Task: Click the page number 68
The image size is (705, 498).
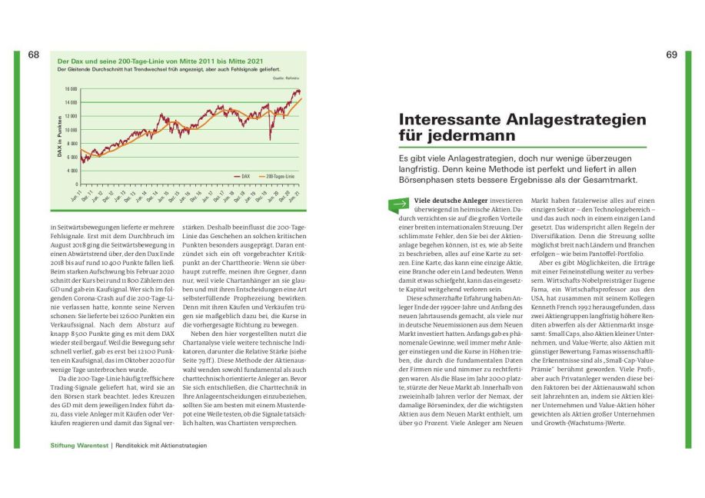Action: (33, 55)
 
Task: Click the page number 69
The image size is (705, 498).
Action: (671, 55)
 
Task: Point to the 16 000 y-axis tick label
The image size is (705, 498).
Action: (70, 88)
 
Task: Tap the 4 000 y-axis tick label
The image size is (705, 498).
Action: (71, 170)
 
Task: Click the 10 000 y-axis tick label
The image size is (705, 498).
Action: (70, 129)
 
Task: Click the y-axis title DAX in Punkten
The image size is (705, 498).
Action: (59, 137)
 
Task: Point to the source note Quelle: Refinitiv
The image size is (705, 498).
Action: (284, 78)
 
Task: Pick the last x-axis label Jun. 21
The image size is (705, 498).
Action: (297, 196)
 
